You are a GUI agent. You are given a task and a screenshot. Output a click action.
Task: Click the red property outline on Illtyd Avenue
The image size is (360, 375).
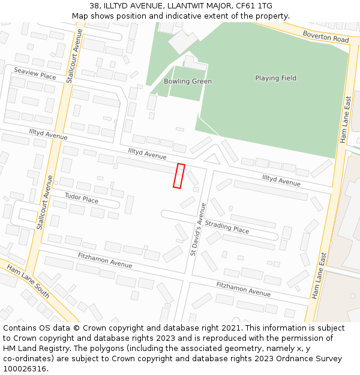coord(178,175)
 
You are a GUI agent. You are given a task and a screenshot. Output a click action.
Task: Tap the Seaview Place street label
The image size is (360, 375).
coord(35,73)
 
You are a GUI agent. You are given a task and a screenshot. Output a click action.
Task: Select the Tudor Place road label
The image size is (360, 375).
coord(81,198)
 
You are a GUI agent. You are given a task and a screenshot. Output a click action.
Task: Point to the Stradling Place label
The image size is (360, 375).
coord(227,226)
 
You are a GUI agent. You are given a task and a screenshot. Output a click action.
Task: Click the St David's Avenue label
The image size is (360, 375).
coord(198,229)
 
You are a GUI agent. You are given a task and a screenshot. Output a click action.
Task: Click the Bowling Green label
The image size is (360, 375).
coord(188,81)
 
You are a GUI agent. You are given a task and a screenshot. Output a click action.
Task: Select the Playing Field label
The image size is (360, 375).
coord(275,78)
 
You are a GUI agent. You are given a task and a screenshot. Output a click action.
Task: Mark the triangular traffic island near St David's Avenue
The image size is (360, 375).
coord(211,159)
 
